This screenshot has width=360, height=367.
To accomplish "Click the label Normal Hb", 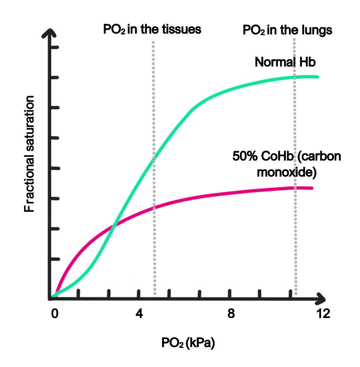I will pos(285,62).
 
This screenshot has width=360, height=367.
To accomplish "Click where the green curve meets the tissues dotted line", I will pos(154,160).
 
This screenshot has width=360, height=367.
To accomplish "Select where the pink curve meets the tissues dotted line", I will pos(154,208).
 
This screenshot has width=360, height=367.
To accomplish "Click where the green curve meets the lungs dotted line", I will pos(295,77).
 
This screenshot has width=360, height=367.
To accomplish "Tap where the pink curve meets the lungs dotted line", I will pos(295,188).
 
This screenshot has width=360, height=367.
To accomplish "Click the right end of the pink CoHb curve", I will pos(312,188).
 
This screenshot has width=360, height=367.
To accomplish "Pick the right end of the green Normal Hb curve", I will pos(317,77).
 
